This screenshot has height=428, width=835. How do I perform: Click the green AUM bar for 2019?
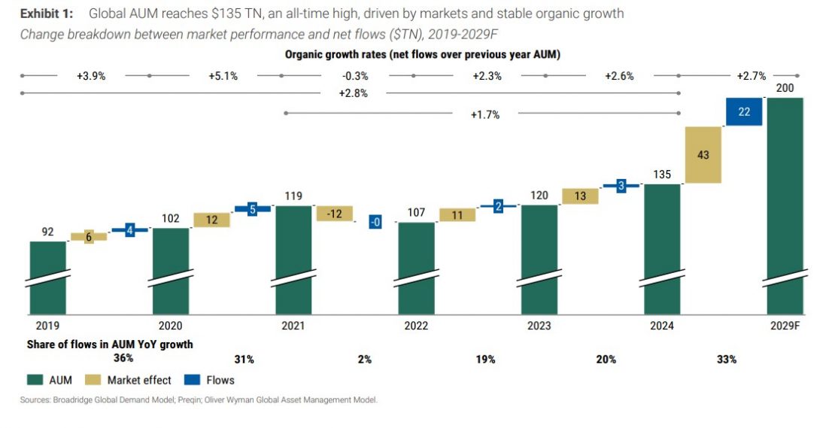[x=48, y=277]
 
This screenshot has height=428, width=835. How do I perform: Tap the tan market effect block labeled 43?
[x=703, y=155]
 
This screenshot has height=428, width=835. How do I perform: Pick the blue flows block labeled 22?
[x=744, y=111]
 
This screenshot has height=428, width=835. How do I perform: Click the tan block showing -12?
[x=334, y=214]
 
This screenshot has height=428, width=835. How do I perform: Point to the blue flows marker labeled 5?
[x=253, y=209]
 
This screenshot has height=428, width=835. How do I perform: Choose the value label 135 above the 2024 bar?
[x=663, y=175]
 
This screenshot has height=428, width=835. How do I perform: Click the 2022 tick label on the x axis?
[x=416, y=326]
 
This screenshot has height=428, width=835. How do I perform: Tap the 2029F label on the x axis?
[x=786, y=326]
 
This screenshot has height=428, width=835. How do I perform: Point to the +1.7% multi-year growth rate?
[x=484, y=114]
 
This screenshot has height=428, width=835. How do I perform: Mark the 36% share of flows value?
[x=123, y=358]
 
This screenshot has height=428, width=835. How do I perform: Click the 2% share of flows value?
[x=365, y=360]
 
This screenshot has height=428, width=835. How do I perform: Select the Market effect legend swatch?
[x=94, y=380]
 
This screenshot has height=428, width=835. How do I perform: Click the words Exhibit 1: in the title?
[x=47, y=14]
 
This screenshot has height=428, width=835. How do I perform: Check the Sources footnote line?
[x=199, y=400]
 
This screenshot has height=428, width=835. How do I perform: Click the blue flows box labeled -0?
[x=375, y=222]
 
